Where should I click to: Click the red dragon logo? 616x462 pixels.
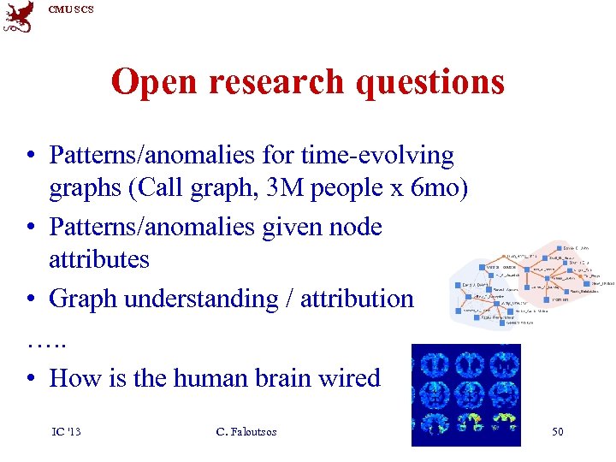[20, 16]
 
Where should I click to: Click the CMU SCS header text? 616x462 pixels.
[71, 9]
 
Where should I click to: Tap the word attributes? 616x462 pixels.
[99, 259]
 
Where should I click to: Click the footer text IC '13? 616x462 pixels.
[66, 431]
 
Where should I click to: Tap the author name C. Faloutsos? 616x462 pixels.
[246, 431]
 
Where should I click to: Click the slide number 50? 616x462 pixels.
[557, 431]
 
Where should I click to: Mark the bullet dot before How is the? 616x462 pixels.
[30, 378]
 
